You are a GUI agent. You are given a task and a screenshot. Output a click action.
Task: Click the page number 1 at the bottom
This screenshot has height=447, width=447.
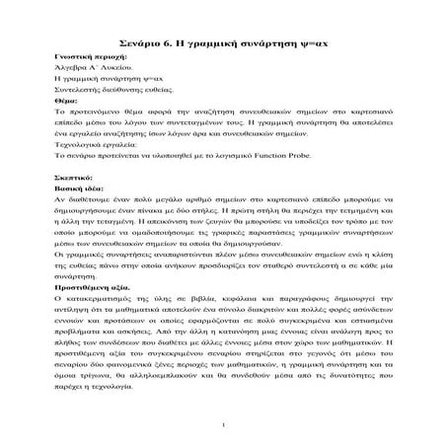[x=225, y=425]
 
